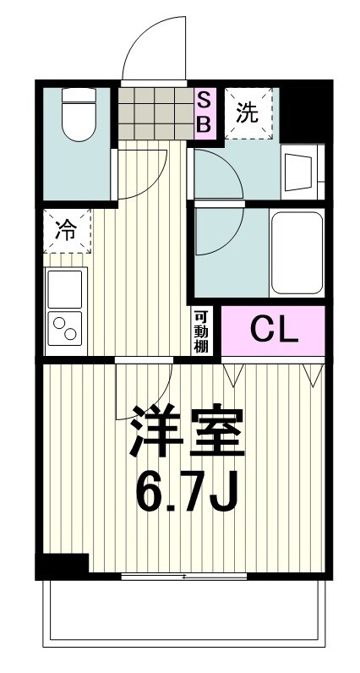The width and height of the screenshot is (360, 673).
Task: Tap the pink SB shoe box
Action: (x=205, y=112)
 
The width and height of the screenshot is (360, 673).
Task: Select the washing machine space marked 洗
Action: (x=249, y=113)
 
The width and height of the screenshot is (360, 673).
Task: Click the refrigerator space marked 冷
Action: (x=67, y=229)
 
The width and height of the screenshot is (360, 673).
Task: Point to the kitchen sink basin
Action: (x=65, y=288)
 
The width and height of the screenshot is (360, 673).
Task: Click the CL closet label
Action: (x=272, y=331)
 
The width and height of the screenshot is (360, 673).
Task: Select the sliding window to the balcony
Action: (x=184, y=577)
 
